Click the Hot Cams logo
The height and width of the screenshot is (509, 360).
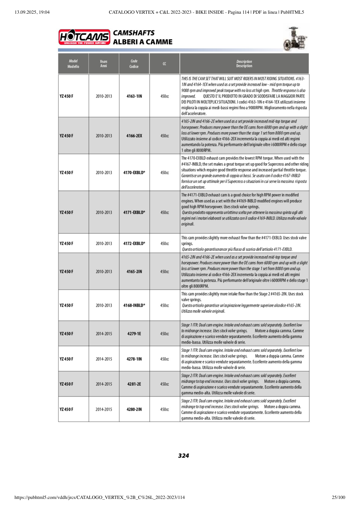click(84, 37)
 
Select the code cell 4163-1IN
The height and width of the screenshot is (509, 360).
click(134, 96)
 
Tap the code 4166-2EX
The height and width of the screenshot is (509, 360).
click(134, 136)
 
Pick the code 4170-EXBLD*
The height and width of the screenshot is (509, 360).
click(134, 172)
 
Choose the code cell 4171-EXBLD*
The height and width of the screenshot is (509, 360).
click(134, 212)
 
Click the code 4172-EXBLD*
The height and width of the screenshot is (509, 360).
click(134, 243)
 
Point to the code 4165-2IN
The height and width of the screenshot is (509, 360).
click(134, 272)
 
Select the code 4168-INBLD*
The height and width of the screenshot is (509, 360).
click(134, 305)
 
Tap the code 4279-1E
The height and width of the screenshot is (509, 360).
click(134, 334)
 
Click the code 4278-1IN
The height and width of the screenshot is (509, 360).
click(134, 359)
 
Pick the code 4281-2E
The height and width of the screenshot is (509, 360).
click(134, 384)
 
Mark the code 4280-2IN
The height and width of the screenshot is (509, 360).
click(134, 409)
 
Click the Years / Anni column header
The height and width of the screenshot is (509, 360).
click(104, 64)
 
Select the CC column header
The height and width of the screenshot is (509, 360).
click(164, 64)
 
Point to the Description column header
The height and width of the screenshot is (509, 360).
click(244, 64)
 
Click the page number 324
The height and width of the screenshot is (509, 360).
click(183, 456)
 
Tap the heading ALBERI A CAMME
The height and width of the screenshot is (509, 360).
click(143, 42)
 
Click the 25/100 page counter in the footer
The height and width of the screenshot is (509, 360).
click(338, 497)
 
